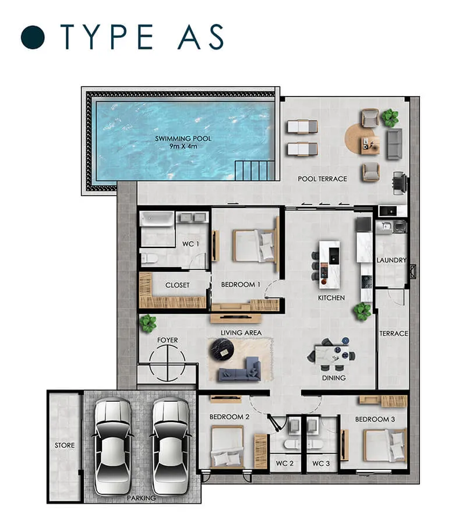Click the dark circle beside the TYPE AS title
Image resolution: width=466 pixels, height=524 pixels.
pos(33,37)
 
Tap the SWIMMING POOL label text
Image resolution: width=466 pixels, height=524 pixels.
pos(183,139)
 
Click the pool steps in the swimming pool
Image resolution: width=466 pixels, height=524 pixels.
pos(255,171)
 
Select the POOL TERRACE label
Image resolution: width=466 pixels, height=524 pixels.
pos(322,179)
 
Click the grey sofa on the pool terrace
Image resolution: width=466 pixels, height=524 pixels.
pos(394,144)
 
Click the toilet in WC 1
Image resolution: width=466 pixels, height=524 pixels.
pos(149,259)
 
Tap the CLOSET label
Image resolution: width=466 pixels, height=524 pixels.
pos(177,285)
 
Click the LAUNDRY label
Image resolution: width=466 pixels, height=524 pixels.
pos(391,260)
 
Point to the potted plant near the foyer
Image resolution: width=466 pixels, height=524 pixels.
pos(148,323)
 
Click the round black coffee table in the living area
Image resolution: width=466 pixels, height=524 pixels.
pos(221,349)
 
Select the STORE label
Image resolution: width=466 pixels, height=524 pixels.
pos(65,445)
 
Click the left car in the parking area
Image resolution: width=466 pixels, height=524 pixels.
pos(113,447)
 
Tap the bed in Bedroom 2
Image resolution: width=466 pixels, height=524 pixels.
pos(227,447)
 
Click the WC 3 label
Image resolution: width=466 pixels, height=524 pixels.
pos(321,463)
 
